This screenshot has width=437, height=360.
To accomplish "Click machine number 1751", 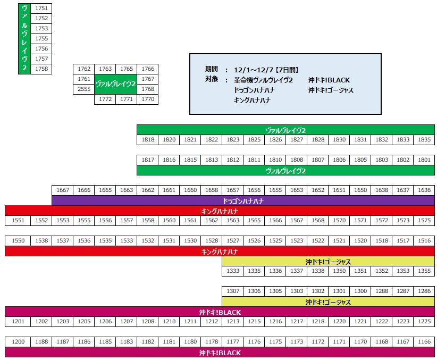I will click(41, 8).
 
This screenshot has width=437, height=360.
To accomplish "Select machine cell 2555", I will click(83, 89).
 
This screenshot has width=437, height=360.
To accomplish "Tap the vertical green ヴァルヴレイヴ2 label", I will click(24, 38).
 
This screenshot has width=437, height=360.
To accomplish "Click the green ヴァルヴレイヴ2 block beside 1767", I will click(115, 84).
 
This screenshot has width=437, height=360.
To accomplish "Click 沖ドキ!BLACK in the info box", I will click(329, 80).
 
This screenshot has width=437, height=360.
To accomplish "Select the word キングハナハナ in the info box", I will click(253, 100).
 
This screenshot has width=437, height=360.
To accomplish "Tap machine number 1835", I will click(424, 140).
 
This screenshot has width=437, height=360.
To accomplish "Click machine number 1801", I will click(424, 160).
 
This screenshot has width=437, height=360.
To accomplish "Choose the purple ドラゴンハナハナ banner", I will click(243, 201).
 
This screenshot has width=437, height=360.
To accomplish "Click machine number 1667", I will click(62, 190).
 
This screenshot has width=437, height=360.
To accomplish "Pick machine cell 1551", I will click(18, 221).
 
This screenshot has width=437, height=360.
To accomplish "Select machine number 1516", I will click(424, 241).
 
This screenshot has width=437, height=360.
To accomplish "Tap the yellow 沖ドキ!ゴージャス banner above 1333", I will click(328, 262).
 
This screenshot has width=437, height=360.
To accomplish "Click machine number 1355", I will click(424, 271).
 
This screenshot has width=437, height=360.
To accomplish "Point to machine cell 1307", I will click(232, 291).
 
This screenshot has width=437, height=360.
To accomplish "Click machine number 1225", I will click(424, 322).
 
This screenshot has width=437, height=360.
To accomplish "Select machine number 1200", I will click(18, 342).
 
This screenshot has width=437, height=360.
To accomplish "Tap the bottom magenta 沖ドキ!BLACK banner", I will click(220, 353).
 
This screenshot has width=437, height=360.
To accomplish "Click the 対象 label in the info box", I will click(212, 80).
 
